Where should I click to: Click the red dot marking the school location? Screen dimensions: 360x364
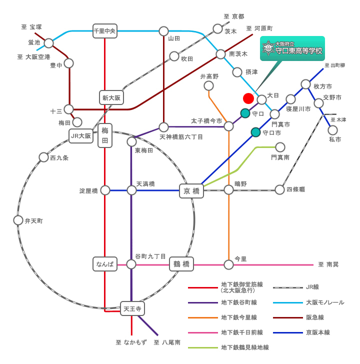(x=248, y=98)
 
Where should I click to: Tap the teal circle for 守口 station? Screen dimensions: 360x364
(x=245, y=113)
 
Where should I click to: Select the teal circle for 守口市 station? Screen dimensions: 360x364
(x=256, y=132)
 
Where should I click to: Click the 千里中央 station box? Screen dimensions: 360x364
(x=105, y=31)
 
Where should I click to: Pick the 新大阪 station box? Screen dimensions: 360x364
(x=111, y=97)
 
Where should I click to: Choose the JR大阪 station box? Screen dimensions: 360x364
(x=81, y=136)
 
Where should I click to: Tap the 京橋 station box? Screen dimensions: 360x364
(x=191, y=191)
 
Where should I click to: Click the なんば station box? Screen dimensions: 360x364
(x=105, y=264)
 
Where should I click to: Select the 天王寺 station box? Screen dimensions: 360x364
(x=132, y=309)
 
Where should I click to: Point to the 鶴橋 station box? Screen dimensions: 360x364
(x=181, y=264)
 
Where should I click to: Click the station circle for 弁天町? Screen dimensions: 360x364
(x=18, y=220)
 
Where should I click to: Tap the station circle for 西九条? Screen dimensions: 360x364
(x=43, y=157)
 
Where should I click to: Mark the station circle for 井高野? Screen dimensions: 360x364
(x=208, y=86)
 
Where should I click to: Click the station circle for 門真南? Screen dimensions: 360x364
(x=280, y=147)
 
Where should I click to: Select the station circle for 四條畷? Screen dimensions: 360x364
(x=279, y=189)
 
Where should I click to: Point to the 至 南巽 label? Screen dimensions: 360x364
(x=328, y=264)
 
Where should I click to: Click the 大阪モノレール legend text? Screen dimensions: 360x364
(x=325, y=302)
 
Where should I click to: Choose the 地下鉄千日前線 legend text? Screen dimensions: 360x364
(x=242, y=332)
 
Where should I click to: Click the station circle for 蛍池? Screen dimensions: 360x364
(x=48, y=43)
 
